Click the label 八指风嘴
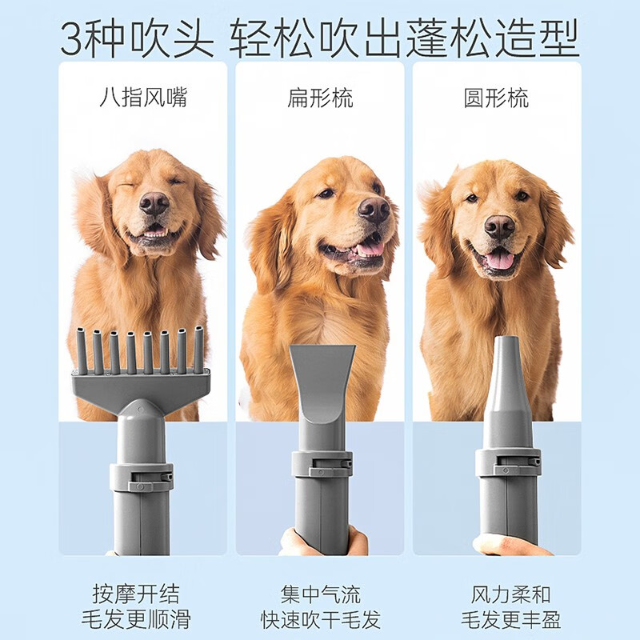143,98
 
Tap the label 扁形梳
320,98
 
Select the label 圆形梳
496,98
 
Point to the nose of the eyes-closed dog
154,203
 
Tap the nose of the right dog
499,227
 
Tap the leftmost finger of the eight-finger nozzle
82,351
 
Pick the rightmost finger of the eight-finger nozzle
198,350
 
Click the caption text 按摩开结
136,594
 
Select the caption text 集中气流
321,594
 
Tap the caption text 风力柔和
510,594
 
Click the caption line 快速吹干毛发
321,619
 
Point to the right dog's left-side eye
472,198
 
